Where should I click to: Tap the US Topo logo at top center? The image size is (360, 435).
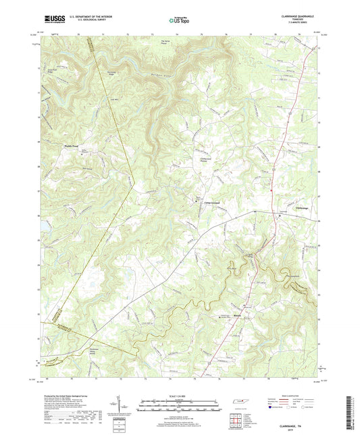(x=178, y=20)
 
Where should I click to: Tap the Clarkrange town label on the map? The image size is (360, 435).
(x=303, y=207)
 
